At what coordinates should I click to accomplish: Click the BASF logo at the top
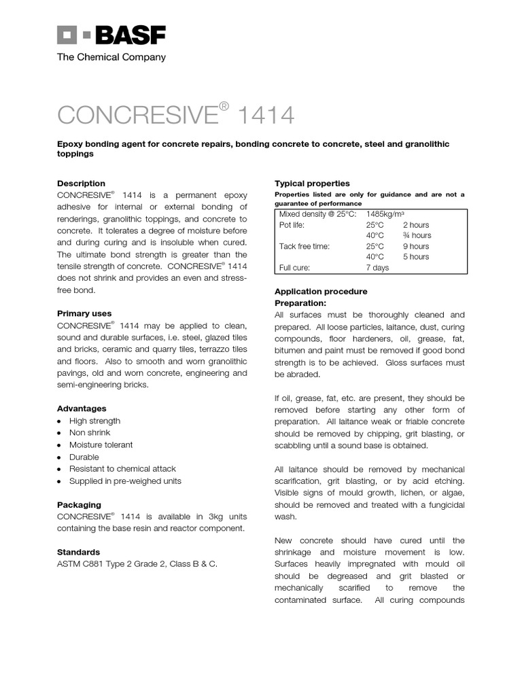111,35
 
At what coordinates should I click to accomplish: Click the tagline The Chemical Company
111,57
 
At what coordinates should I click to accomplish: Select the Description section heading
81,184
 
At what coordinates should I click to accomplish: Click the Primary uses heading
84,314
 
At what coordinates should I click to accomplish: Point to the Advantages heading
82,408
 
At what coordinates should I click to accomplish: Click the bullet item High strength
94,421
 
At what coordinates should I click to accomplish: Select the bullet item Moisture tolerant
101,445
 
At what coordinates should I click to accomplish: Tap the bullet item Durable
84,457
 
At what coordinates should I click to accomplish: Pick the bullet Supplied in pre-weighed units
125,481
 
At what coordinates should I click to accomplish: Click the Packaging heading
79,505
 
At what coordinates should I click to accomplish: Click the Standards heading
78,552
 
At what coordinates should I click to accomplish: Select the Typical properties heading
312,184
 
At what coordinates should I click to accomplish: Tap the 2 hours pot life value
416,225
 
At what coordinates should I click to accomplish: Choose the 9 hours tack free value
416,246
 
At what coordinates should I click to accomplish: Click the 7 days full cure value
378,268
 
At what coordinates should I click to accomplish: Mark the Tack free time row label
304,246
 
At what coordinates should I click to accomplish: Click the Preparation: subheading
300,302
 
